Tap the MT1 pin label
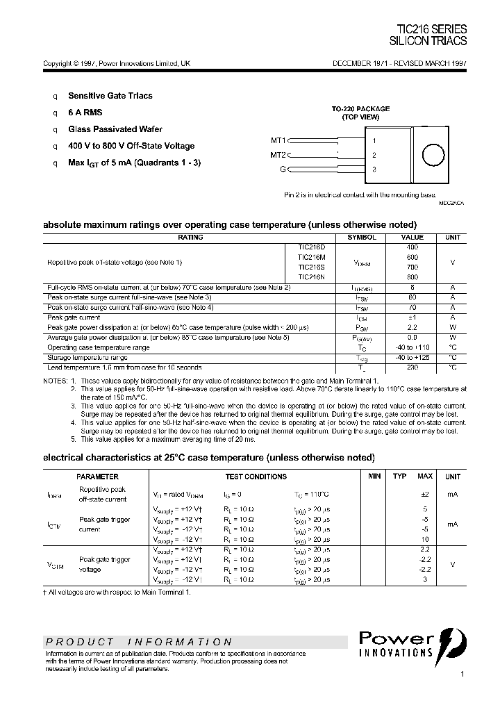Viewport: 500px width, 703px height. [x=278, y=140]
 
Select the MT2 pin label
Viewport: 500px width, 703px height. [x=278, y=155]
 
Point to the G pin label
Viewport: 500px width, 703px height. [x=283, y=169]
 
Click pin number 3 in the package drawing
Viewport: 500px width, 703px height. [x=374, y=169]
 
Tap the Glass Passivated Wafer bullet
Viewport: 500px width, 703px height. [x=115, y=129]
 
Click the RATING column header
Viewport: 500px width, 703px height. [x=190, y=238]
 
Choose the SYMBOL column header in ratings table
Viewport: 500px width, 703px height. [x=361, y=238]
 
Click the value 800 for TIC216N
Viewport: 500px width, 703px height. [x=412, y=276]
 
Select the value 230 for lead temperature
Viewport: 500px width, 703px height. [x=412, y=367]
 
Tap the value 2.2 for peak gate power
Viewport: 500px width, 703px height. [x=412, y=326]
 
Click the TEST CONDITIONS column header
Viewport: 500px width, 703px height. [x=256, y=477]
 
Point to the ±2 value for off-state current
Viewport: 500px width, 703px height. [x=425, y=494]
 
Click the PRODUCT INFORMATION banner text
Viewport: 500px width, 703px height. [x=139, y=642]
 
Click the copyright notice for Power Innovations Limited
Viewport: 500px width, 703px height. [x=117, y=63]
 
